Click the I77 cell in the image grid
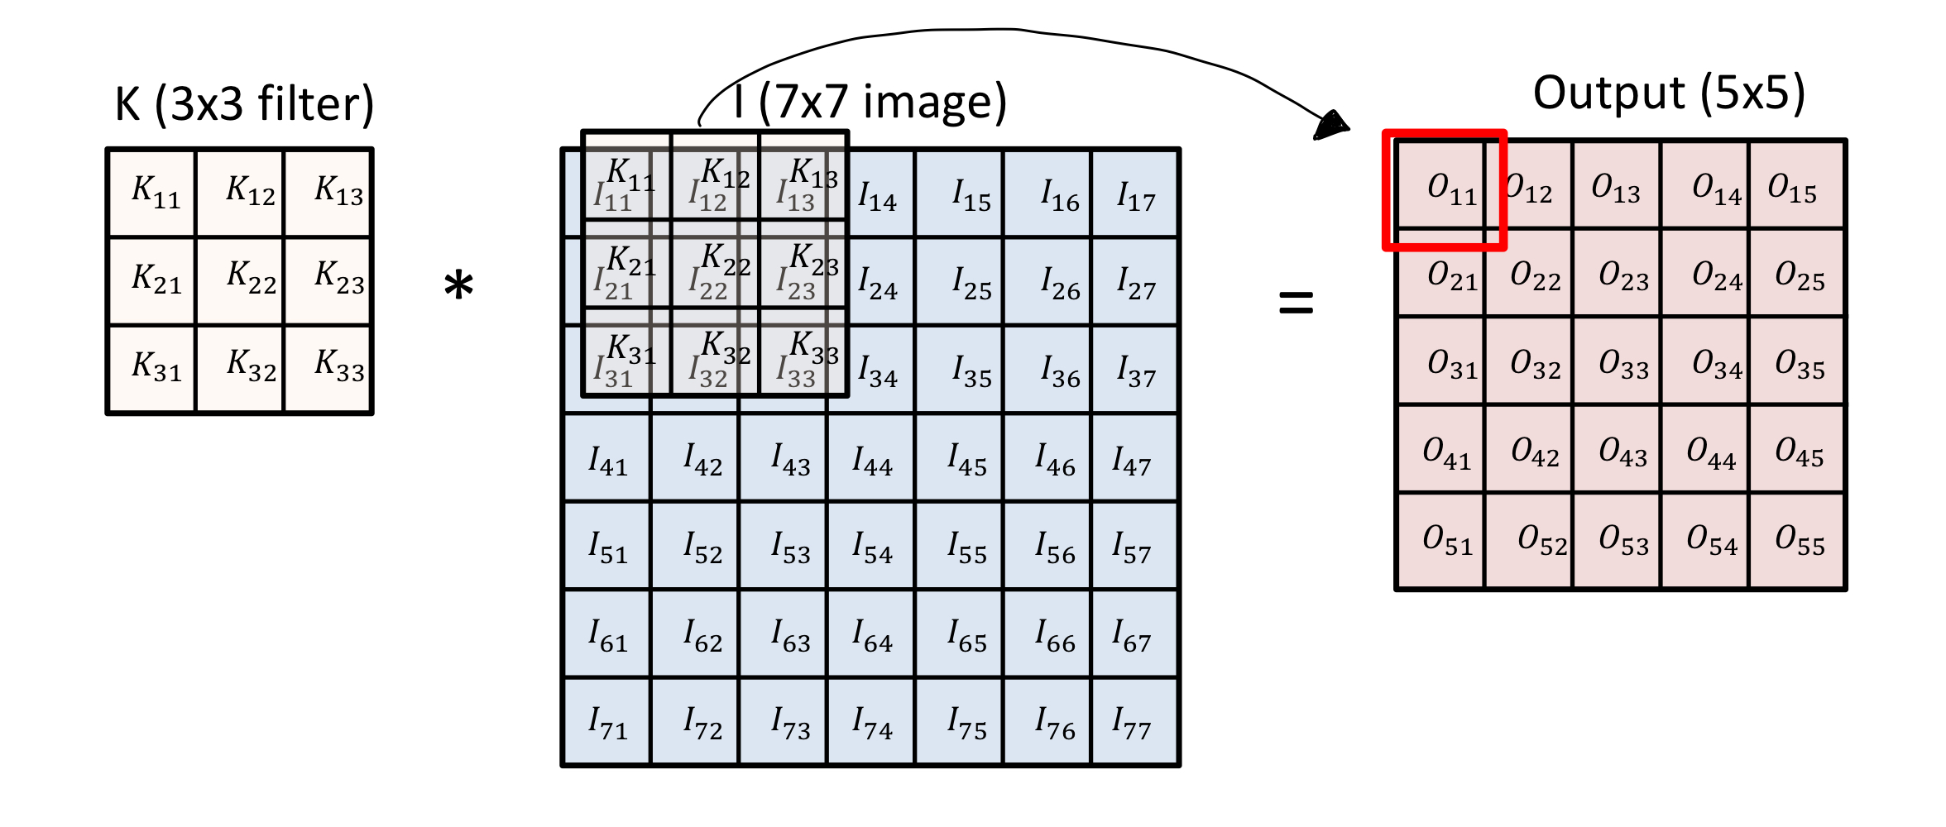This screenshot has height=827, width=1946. [1134, 722]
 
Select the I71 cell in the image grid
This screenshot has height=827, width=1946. [607, 722]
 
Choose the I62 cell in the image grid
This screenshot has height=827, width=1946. [695, 633]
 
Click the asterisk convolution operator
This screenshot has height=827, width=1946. [458, 286]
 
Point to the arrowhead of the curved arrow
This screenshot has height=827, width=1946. [1332, 127]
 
